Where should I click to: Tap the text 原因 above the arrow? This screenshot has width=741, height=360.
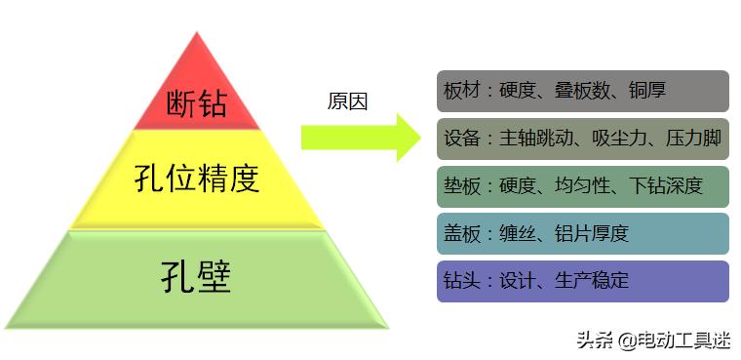pyautogui.click(x=347, y=101)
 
